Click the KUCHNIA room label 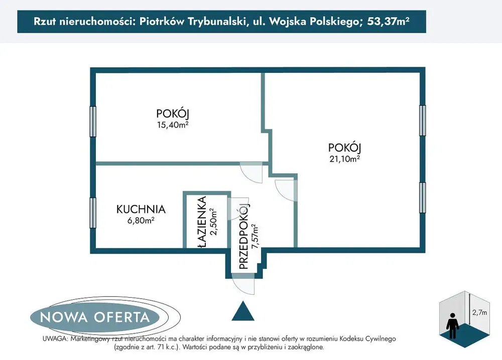click(141, 209)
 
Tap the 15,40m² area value click(173, 125)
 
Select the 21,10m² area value click(345, 159)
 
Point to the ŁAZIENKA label click(202, 222)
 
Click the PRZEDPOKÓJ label click(244, 236)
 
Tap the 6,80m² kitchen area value click(141, 220)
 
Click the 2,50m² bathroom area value click(213, 221)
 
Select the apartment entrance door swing click(243, 284)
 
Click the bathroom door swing click(238, 209)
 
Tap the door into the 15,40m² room click(252, 172)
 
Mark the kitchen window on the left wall click(93, 213)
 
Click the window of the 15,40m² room click(93, 122)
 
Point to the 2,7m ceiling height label click(479, 313)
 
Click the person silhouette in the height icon click(452, 325)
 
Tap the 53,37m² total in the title click(388, 21)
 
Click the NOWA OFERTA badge click(95, 317)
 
